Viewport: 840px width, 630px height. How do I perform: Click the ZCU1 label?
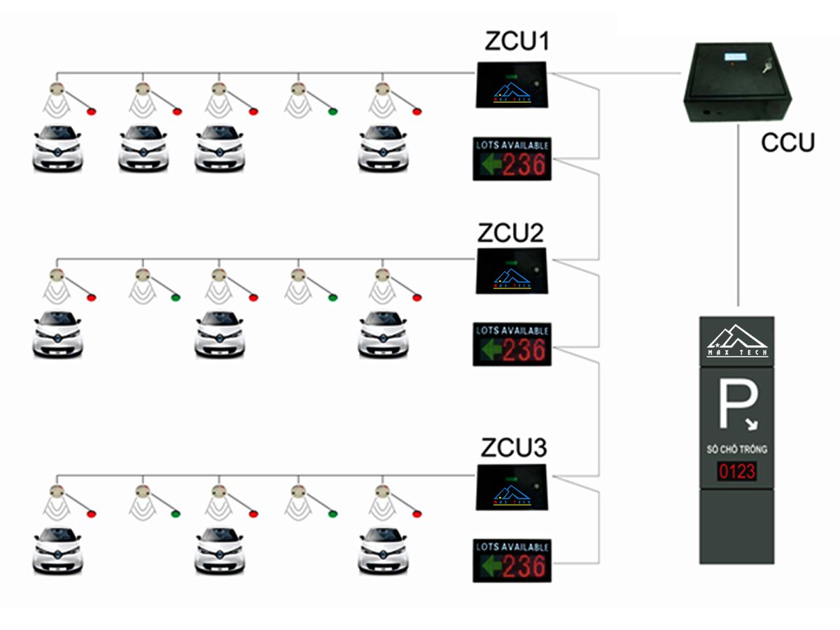click(x=518, y=42)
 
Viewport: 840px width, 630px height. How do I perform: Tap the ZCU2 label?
click(x=511, y=232)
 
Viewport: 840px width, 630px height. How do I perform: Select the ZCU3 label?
click(x=514, y=448)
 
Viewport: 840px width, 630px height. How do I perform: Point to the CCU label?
click(x=787, y=143)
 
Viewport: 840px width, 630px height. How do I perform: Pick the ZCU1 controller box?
click(x=512, y=84)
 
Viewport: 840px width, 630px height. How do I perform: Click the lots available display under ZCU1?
click(x=512, y=159)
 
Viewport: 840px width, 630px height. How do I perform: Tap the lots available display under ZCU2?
click(x=512, y=344)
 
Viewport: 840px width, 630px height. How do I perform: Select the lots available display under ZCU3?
click(x=512, y=560)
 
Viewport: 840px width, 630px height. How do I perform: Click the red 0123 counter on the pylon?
click(x=736, y=471)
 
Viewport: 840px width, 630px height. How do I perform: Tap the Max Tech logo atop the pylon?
click(x=736, y=340)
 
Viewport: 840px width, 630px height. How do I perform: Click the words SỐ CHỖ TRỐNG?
click(x=736, y=449)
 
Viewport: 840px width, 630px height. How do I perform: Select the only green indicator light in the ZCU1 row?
click(x=332, y=111)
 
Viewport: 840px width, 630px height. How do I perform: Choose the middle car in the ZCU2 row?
click(x=220, y=334)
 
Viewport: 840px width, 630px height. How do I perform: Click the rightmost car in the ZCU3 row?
click(x=383, y=551)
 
